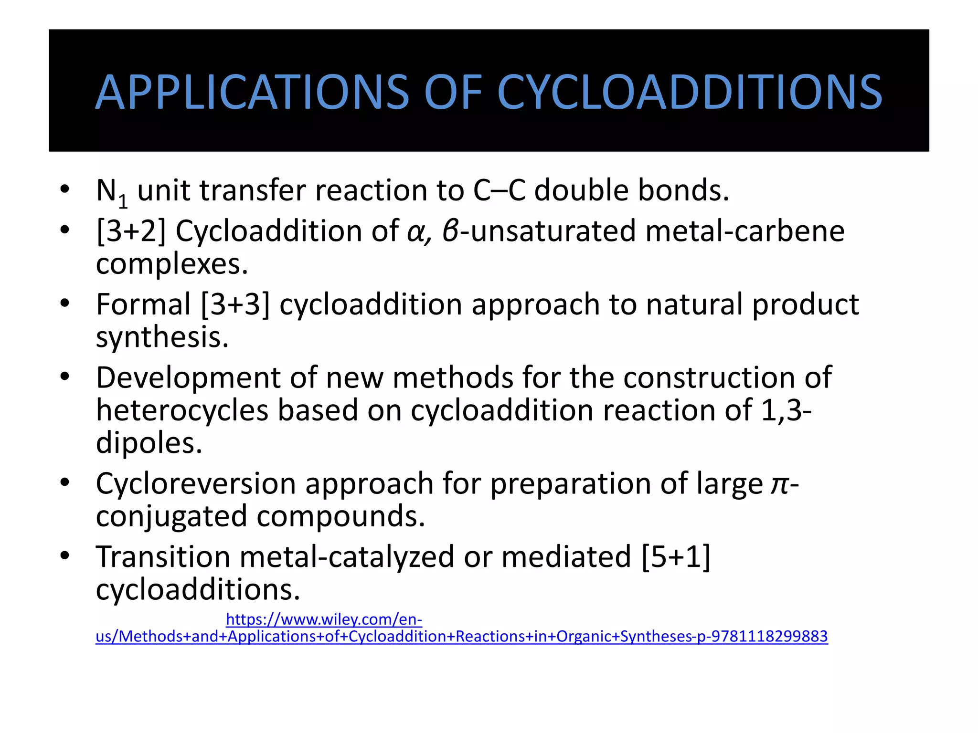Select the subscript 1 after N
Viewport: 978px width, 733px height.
tap(123, 201)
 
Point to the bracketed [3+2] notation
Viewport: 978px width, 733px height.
tap(131, 231)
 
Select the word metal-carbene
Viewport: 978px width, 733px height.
tap(745, 231)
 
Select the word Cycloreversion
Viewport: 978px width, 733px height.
tap(196, 484)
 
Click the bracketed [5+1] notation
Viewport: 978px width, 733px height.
tap(676, 557)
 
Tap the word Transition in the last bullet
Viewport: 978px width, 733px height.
tap(163, 557)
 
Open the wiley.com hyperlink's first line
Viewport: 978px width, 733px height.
tap(324, 619)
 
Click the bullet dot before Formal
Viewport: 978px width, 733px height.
tap(65, 304)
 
